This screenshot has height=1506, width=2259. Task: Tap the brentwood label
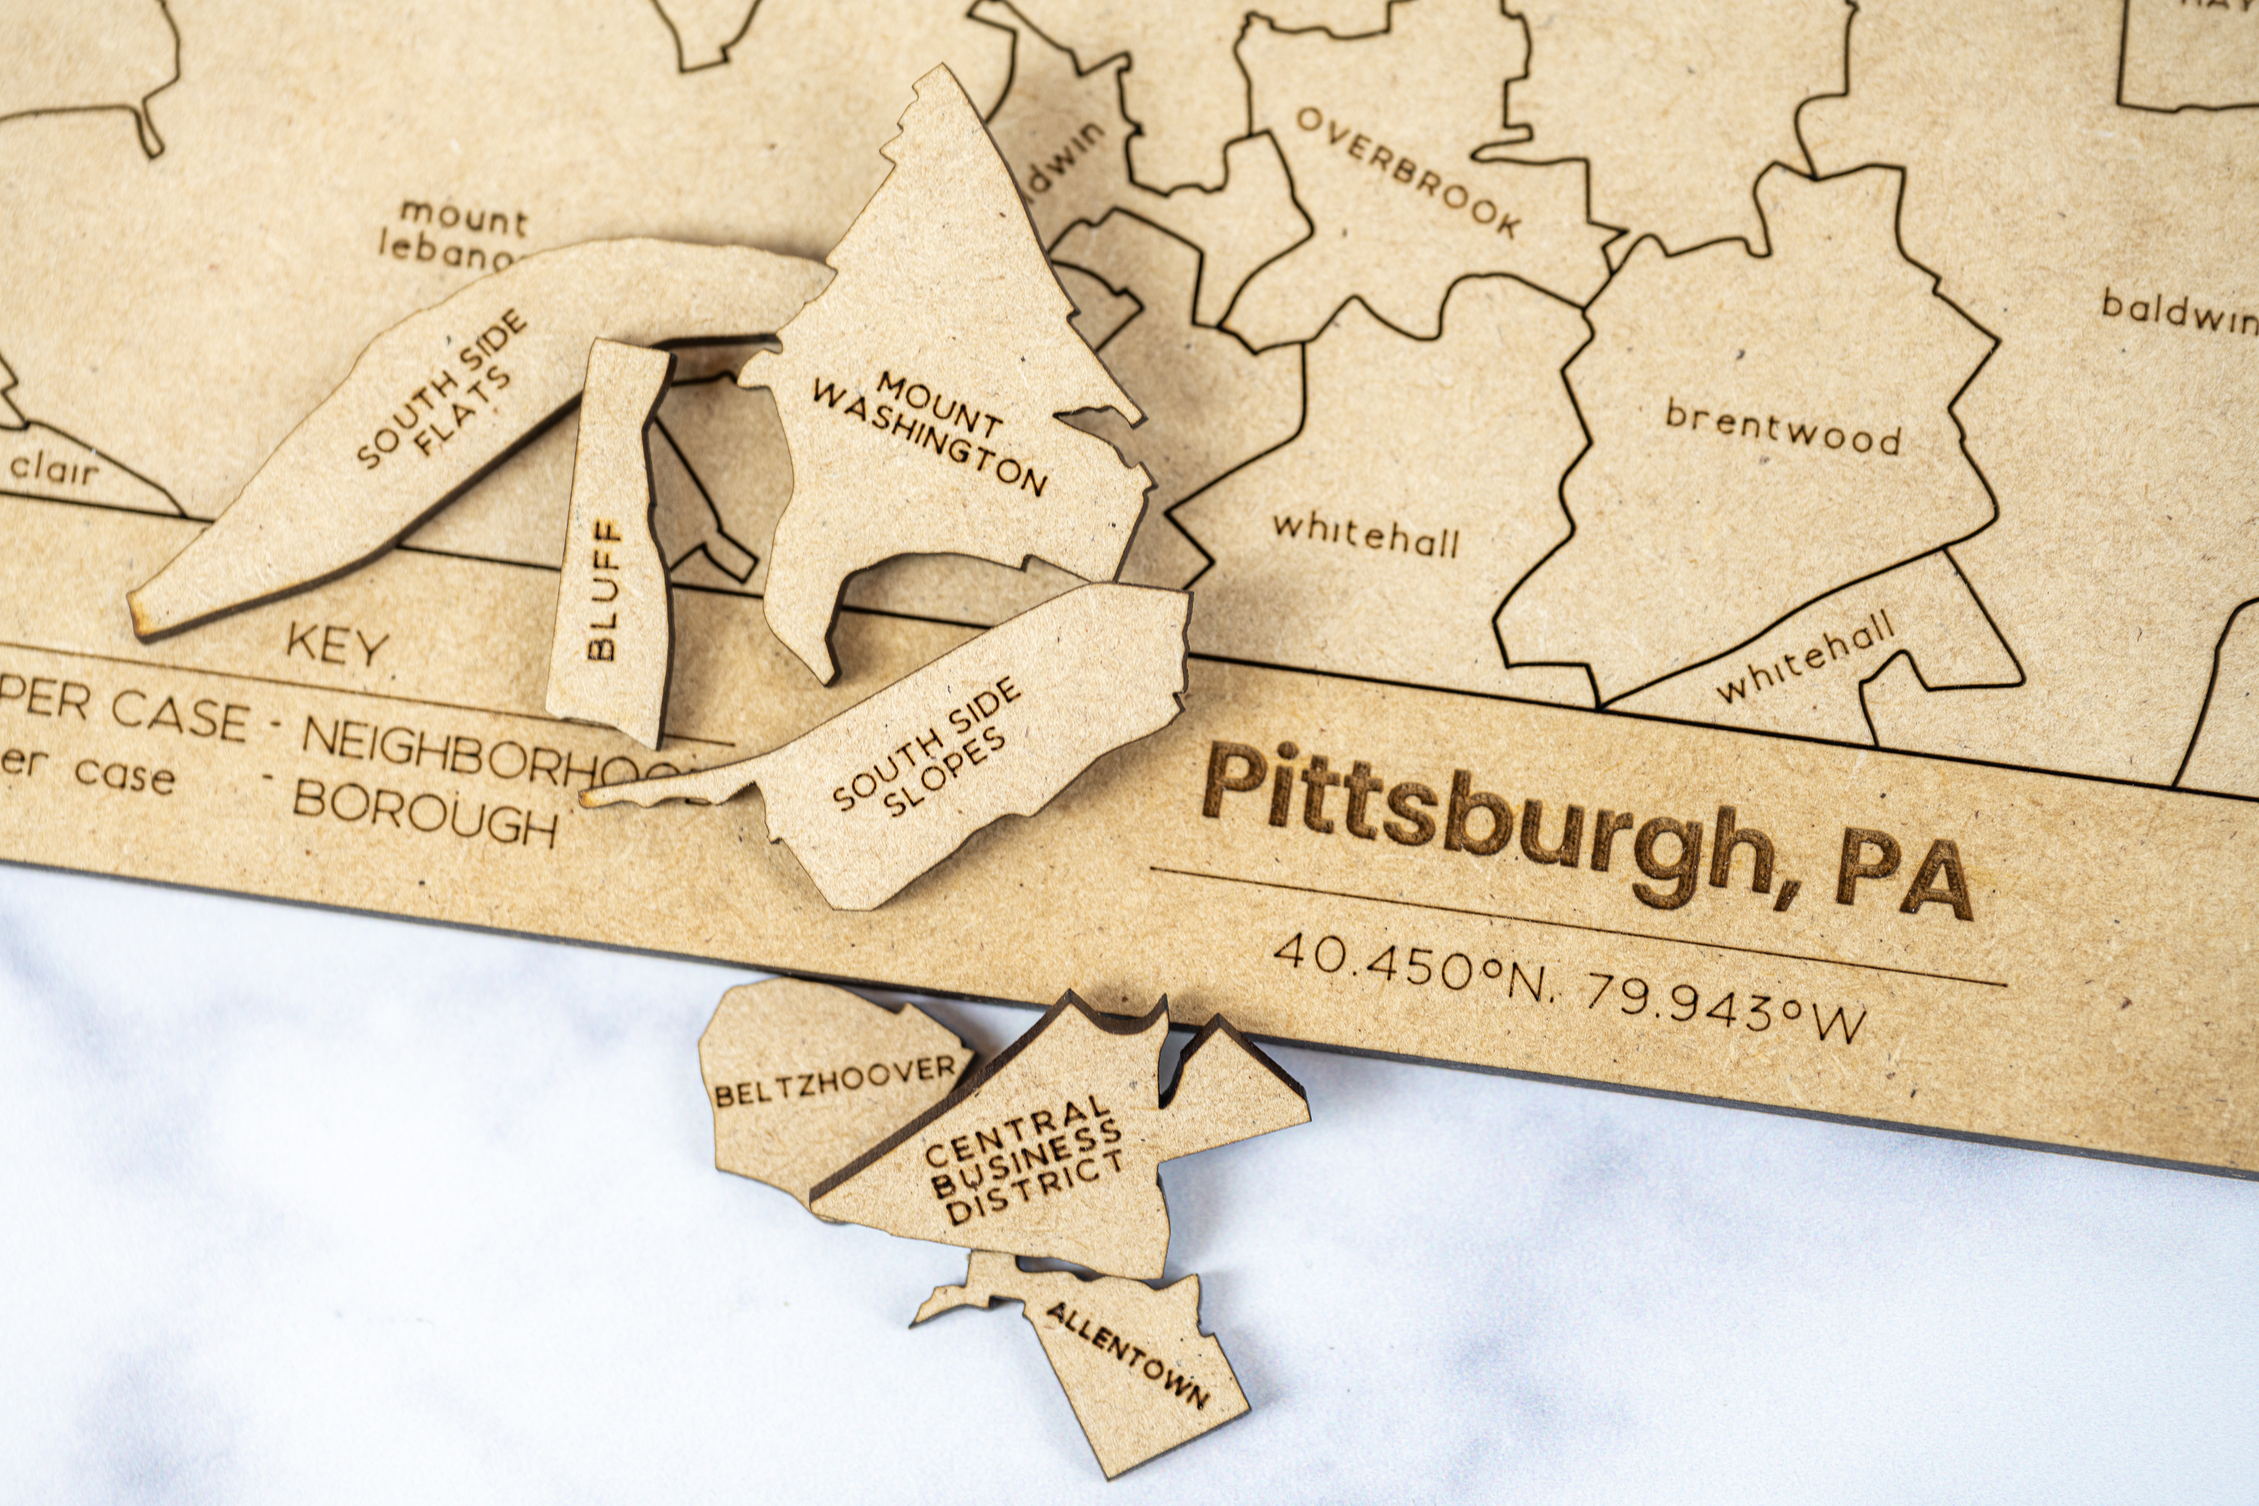pyautogui.click(x=1782, y=428)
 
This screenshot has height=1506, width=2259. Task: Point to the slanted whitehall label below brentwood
pyautogui.click(x=1805, y=657)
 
